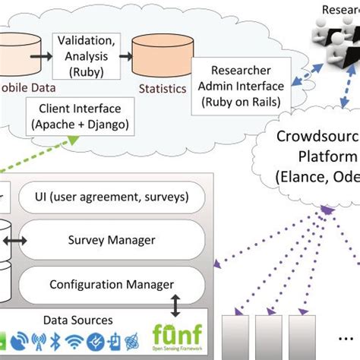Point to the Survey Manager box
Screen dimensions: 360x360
tap(112, 240)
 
